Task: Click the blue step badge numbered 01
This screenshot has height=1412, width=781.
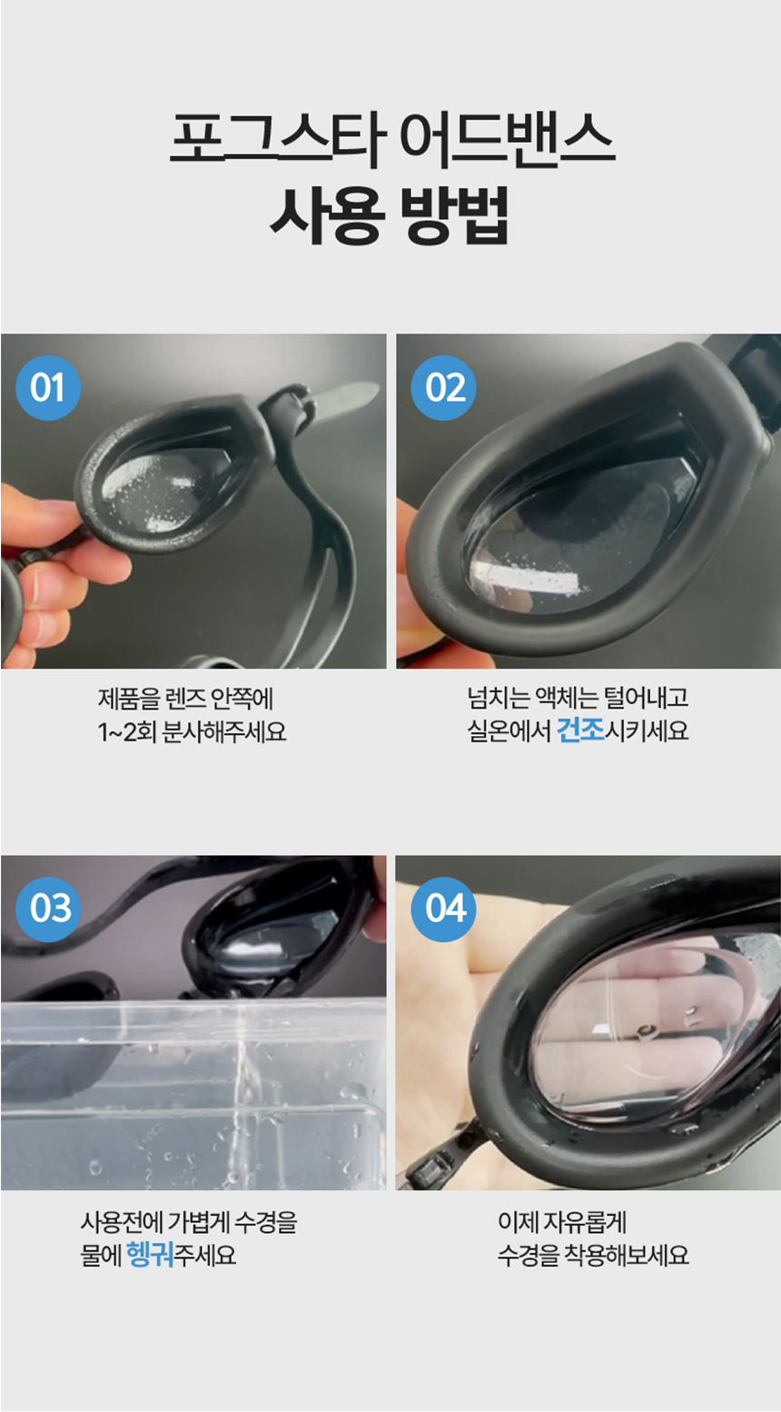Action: click(48, 388)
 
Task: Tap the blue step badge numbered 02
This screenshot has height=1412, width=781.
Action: click(444, 388)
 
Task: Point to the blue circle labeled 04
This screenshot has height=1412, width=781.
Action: click(444, 908)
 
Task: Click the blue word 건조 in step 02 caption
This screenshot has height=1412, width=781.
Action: click(580, 731)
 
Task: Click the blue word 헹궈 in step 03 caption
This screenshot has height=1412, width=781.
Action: click(150, 1255)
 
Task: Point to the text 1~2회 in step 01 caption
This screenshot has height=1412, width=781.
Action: click(127, 731)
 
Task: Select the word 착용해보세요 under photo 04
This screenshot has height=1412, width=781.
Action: click(627, 1256)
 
